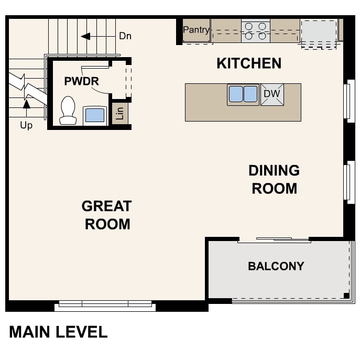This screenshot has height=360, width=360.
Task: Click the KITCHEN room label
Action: pos(249,63)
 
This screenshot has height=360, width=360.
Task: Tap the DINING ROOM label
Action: pos(274,179)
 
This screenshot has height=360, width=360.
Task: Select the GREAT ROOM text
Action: pos(107,215)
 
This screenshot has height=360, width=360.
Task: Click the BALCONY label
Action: pos(276,266)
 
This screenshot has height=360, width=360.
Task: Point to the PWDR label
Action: pos(82,81)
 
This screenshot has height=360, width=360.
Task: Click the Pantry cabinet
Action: pos(196,30)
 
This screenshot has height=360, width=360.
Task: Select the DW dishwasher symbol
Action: pos(272,94)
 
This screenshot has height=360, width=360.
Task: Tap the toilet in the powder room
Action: pos(68,111)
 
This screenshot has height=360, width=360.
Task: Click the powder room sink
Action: pos(95,115)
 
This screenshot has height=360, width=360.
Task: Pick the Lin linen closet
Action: pos(120,113)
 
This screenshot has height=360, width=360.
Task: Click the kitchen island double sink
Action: pos(243,94)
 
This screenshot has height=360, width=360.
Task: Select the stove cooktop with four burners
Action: pos(256,31)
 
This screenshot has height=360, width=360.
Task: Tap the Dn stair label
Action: pos(125,36)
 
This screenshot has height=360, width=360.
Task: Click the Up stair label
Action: pos(26,125)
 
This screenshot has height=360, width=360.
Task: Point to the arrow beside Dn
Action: pos(85,36)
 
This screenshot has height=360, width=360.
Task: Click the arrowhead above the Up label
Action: pos(26,104)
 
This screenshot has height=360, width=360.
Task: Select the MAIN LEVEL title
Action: pos(58,332)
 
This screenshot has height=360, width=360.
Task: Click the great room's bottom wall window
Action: pos(105,304)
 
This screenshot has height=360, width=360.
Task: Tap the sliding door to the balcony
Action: pos(274,240)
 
